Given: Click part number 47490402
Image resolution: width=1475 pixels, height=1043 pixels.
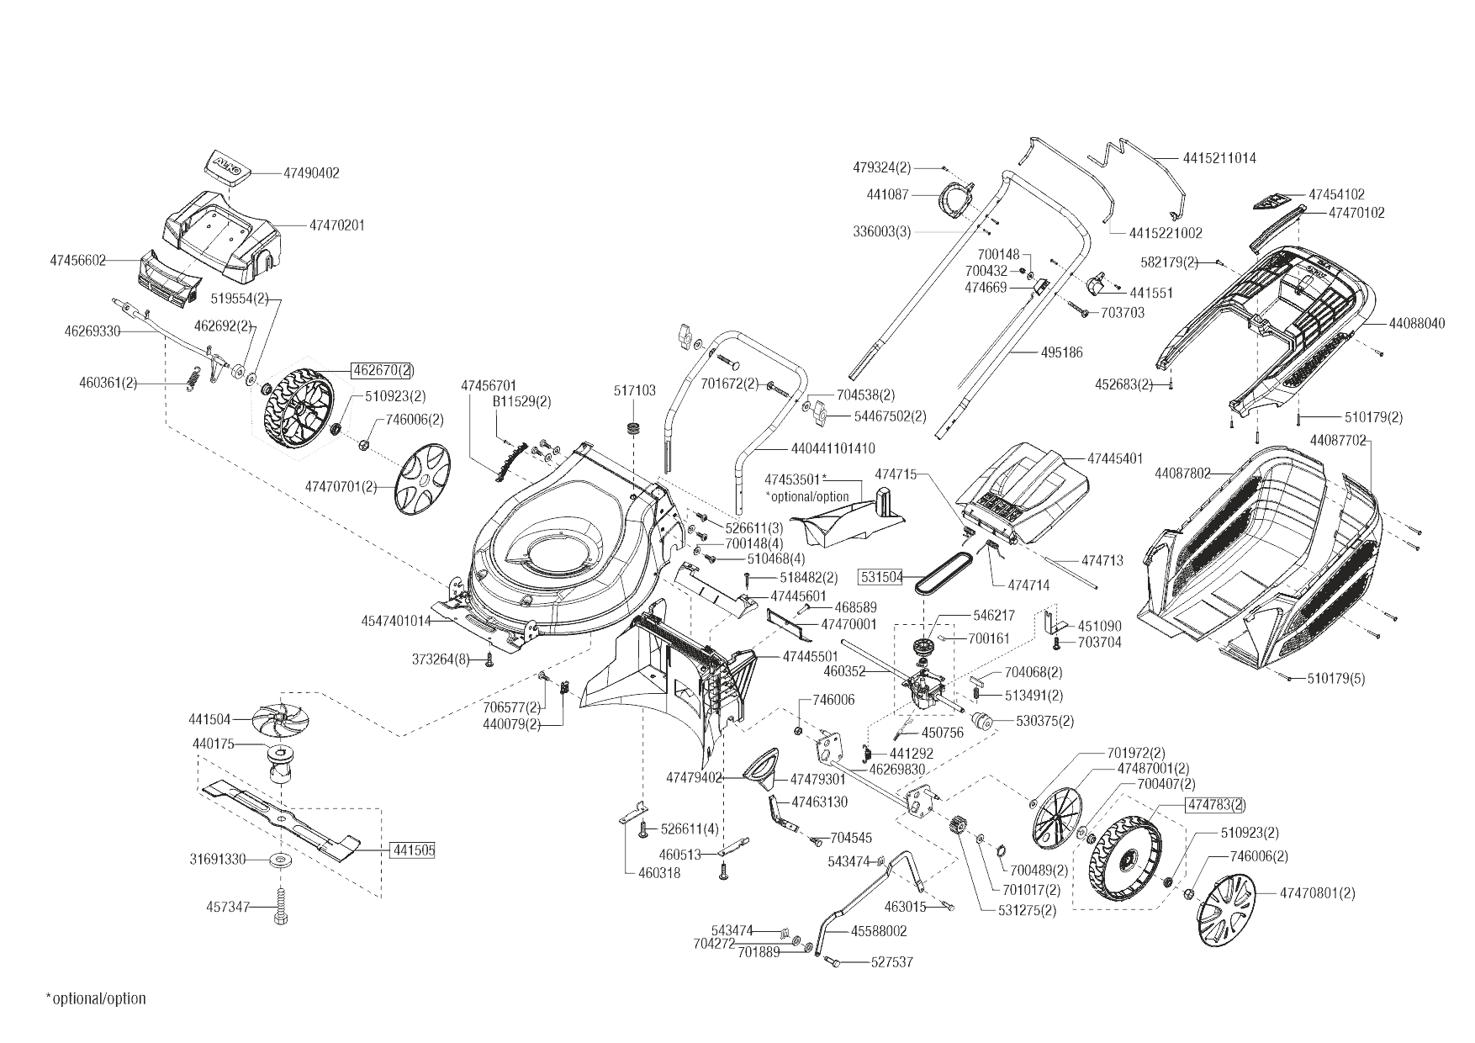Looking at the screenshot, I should point(311,173).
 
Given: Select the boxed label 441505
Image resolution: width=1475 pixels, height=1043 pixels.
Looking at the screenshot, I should point(413,850).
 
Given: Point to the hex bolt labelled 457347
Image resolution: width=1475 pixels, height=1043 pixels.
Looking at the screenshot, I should point(280,908).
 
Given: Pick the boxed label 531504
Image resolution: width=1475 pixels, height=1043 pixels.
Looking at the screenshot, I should point(880,577).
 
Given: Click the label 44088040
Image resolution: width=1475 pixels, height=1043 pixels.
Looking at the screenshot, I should point(1417,323).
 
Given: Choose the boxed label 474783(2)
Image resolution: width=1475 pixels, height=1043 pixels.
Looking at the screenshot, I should point(1215,805).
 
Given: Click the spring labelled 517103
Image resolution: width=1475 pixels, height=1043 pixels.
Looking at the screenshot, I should point(635,426).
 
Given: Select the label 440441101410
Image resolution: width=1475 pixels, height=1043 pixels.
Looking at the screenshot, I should point(833,448).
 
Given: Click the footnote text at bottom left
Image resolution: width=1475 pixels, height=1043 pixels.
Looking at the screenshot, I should point(96,998).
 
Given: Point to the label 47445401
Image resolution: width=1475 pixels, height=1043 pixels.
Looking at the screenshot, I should point(1115,458).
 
